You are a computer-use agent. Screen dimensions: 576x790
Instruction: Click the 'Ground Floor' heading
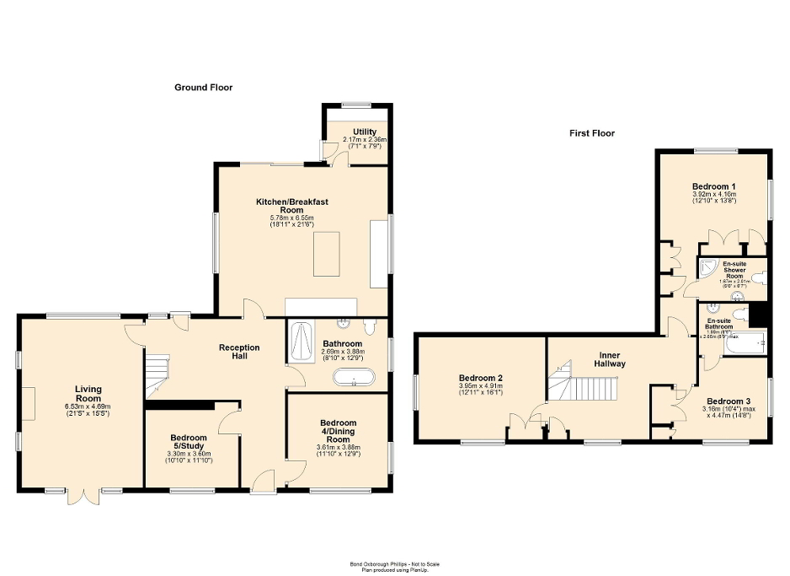tap(203, 88)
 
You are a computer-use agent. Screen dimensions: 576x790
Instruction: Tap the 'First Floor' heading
tap(591, 133)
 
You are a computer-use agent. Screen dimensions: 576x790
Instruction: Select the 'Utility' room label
tap(365, 132)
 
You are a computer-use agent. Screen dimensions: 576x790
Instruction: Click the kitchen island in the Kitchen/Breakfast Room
tap(326, 254)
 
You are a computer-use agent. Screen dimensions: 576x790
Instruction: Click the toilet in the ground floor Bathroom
tap(370, 326)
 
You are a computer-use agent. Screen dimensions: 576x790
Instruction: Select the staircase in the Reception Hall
tap(156, 374)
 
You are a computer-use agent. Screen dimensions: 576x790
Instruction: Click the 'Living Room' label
tap(88, 394)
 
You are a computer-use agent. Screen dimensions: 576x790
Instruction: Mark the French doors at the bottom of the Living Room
tap(87, 494)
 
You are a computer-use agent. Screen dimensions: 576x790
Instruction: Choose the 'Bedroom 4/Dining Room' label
tap(337, 431)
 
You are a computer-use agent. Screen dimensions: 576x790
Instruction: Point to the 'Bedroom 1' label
tap(714, 186)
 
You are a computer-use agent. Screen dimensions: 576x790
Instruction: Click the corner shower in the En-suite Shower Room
tap(707, 270)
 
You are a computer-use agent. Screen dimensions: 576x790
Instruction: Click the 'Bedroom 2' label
tap(481, 379)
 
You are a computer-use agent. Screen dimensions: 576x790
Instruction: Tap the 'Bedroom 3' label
tap(728, 401)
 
